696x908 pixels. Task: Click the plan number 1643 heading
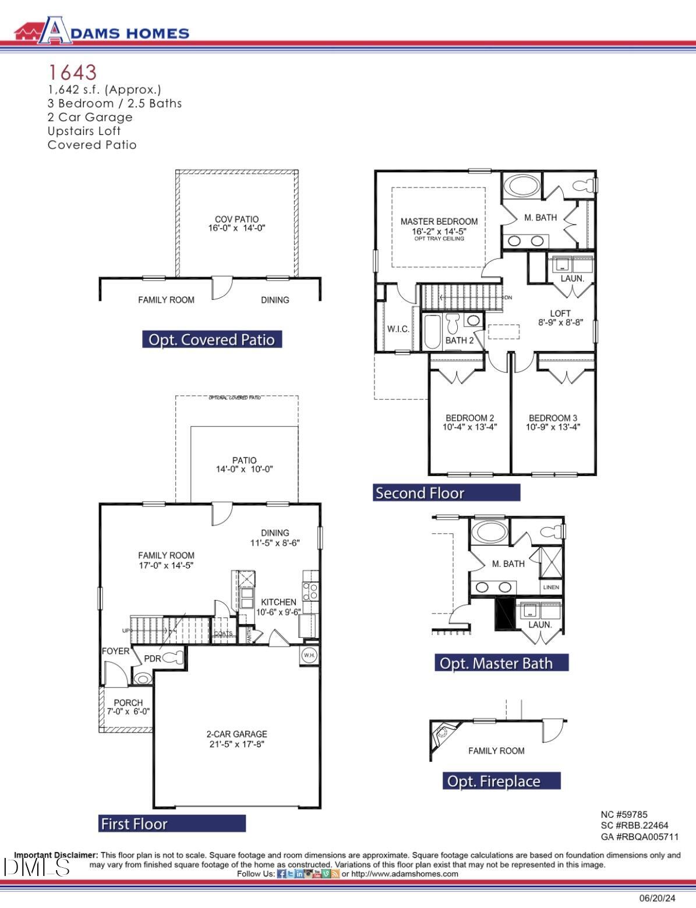tap(72, 72)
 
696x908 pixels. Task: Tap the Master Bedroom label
tap(439, 221)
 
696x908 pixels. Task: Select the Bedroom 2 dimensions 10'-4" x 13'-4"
tap(469, 427)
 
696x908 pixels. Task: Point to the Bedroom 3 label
tap(553, 418)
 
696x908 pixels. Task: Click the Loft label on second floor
tap(560, 313)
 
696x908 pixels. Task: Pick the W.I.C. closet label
tap(398, 329)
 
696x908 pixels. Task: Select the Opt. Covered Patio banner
tap(212, 339)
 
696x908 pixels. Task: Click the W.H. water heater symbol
tap(309, 655)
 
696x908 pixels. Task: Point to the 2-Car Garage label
tap(236, 734)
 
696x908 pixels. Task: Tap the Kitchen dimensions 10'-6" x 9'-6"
tap(278, 612)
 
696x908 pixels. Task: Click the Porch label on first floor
tap(128, 703)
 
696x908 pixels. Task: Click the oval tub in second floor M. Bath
tap(522, 186)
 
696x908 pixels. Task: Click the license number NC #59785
tap(624, 815)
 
